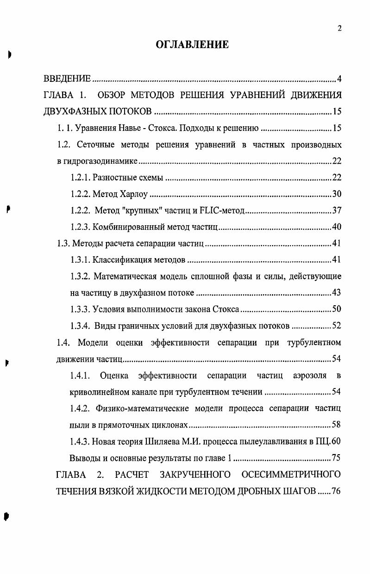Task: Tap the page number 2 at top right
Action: point(339,29)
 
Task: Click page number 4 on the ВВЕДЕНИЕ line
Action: point(339,79)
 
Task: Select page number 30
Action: point(337,194)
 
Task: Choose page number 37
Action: point(337,211)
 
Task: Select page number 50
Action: point(337,309)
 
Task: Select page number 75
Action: point(337,457)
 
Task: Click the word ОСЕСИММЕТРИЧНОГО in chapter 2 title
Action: point(290,474)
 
